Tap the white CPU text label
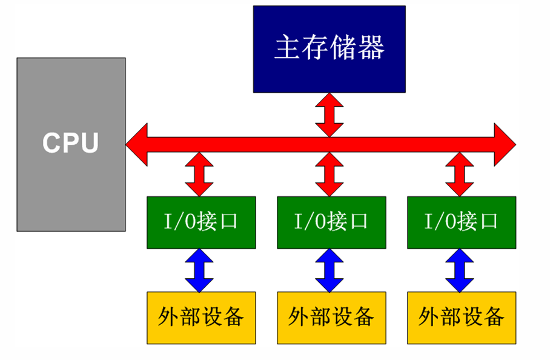[x=71, y=144]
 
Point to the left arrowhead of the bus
[x=137, y=144]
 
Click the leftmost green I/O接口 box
[x=201, y=222]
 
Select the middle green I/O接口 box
[x=331, y=222]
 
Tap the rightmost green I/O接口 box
[x=462, y=222]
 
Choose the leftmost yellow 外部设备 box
[x=201, y=318]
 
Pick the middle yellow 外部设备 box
[x=331, y=318]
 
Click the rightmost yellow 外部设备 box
[x=462, y=318]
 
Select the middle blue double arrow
[x=330, y=270]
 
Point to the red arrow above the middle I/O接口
[x=330, y=174]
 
